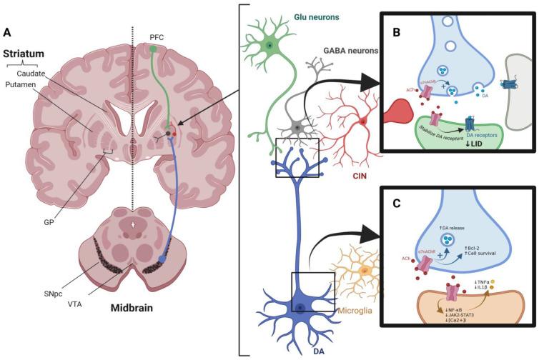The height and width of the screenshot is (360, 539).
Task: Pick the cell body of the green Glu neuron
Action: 269,46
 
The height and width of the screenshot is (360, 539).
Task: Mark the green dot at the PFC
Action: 154,49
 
